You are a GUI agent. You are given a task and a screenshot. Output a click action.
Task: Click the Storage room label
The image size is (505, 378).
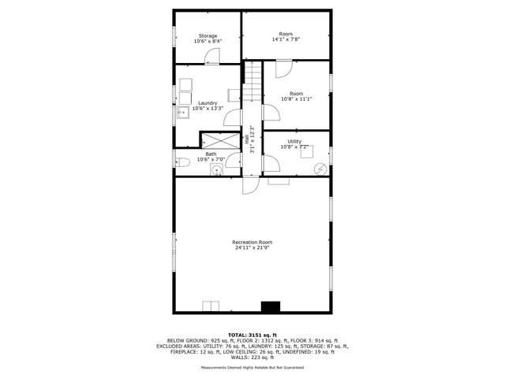click(208, 39)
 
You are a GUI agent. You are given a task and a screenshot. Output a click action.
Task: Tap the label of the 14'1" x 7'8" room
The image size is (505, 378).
click(286, 36)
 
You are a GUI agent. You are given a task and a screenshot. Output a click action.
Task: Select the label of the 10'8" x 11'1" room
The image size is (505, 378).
click(297, 96)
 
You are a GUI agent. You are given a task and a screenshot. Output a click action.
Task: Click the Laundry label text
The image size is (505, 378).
click(208, 106)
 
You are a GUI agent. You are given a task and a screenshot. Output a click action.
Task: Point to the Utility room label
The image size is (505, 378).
click(296, 143)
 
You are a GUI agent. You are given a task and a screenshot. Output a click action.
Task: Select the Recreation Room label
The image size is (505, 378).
click(252, 244)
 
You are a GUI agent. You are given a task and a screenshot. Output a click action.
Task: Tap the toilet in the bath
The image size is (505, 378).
click(181, 163)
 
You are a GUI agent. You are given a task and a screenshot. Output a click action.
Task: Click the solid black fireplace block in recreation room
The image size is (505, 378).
click(271, 306)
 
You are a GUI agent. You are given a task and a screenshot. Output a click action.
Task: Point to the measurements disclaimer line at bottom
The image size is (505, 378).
click(252, 367)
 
